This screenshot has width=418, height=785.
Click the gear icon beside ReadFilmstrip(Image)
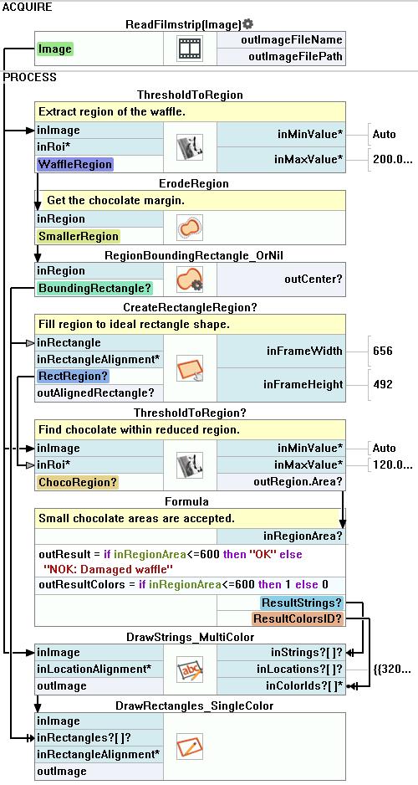tap(248, 24)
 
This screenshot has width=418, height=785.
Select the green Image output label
tap(54, 49)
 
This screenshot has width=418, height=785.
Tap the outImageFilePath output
tap(295, 57)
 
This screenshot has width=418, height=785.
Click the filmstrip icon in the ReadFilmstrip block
tap(190, 49)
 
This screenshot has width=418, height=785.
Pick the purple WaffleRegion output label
tap(74, 164)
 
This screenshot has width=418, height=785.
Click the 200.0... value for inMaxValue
tap(392, 160)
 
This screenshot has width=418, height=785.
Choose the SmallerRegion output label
tap(78, 236)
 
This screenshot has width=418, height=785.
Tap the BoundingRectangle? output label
tap(94, 289)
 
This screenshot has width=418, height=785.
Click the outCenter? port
tap(313, 280)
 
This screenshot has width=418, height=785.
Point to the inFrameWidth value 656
tap(383, 351)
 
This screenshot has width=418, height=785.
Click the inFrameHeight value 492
tap(383, 384)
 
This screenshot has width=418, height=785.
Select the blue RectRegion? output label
tap(73, 376)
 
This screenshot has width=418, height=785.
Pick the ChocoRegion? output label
tap(77, 482)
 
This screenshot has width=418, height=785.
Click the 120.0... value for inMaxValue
tap(392, 465)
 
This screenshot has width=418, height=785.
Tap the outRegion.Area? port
tap(298, 482)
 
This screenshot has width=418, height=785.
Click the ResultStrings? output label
tap(302, 603)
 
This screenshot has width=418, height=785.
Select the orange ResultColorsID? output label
tap(298, 618)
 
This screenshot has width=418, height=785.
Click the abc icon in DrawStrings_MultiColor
tap(190, 670)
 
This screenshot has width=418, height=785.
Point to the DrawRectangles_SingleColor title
tap(195, 705)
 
